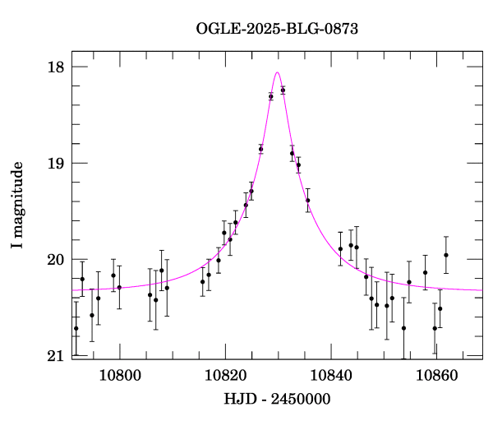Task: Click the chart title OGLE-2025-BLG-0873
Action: tap(277, 29)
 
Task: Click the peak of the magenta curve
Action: tap(278, 72)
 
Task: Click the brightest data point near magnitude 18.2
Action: tap(283, 90)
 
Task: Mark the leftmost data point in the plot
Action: tap(76, 328)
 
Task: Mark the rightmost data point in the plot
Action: tap(446, 255)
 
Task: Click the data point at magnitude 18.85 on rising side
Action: tap(260, 149)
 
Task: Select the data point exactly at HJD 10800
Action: tap(119, 287)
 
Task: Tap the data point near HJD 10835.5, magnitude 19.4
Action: tap(307, 201)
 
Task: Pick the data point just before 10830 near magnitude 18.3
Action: tap(271, 96)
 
